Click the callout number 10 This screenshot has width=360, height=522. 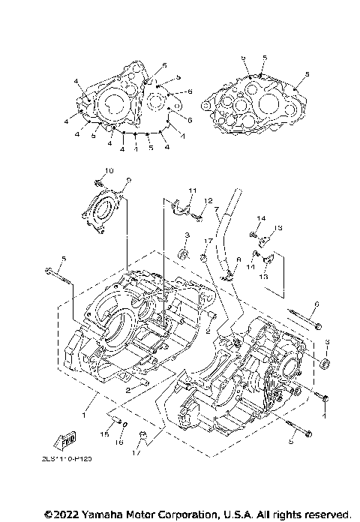point(108,171)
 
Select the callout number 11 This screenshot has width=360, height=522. point(192,190)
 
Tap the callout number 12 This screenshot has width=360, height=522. point(210,201)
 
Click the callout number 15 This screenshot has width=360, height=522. point(105,434)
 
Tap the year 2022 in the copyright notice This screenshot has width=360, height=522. point(63,514)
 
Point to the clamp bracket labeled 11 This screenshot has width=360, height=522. point(178,204)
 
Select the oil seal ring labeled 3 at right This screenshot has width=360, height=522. point(324,364)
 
